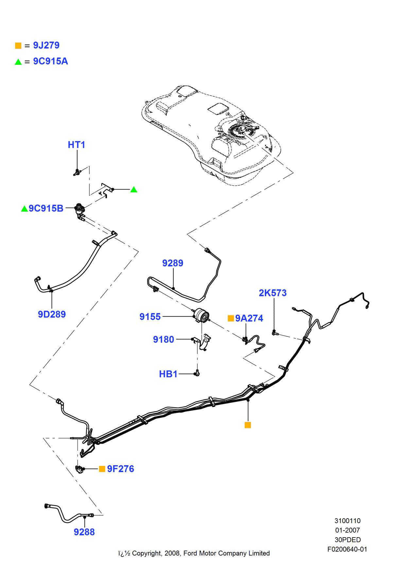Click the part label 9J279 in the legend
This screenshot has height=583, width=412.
46,45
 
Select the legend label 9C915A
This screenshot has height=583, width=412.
50,61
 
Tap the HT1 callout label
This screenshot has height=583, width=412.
76,145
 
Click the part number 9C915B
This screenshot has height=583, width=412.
46,208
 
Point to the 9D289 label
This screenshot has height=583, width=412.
52,314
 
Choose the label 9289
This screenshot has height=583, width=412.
173,263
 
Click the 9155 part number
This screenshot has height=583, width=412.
150,317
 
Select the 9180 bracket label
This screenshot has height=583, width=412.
163,339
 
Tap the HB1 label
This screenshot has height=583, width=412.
168,374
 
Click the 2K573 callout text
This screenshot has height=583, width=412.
272,293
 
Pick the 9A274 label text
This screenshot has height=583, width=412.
249,318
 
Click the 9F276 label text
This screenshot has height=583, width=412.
120,469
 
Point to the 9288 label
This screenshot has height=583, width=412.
84,532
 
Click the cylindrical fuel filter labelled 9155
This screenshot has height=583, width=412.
201,315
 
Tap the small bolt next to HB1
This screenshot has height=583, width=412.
197,373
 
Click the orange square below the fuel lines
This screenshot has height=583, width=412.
248,425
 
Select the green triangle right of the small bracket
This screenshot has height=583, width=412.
134,190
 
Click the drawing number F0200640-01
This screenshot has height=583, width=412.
347,549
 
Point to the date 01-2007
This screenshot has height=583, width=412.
347,530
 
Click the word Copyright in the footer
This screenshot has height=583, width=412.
146,553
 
